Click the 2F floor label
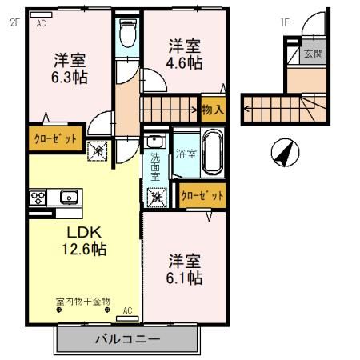tap(14, 22)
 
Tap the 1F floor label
tap(283, 22)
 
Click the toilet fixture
tap(126, 34)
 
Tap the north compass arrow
tap(283, 151)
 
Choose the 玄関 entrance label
tap(311, 55)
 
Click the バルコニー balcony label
tap(127, 338)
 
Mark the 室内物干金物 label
tap(82, 302)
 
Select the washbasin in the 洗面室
tap(154, 143)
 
